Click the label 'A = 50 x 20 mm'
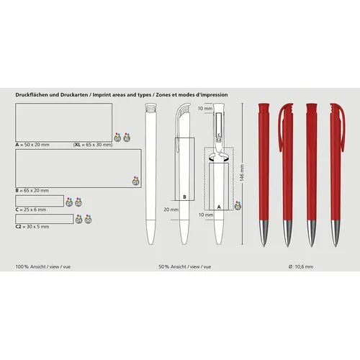(33, 145)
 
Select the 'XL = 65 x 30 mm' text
(93, 145)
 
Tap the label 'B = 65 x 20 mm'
(33, 191)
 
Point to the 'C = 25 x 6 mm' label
(32, 210)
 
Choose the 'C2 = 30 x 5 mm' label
(33, 226)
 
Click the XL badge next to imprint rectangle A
(127, 136)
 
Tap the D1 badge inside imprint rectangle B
(135, 182)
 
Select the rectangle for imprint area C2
(44, 217)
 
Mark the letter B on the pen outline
(184, 197)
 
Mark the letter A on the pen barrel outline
(218, 206)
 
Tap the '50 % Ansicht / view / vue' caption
(185, 266)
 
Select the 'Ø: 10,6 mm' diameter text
(299, 266)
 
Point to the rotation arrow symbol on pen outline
(219, 156)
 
